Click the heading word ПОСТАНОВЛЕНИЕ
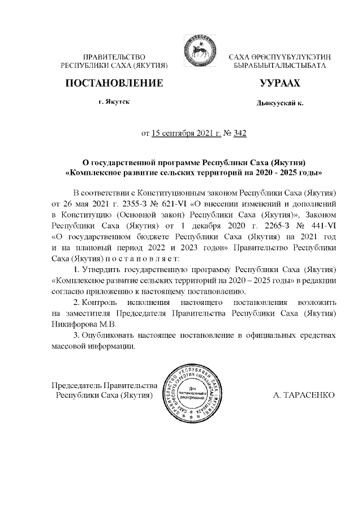pyautogui.click(x=115, y=84)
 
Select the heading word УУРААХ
pyautogui.click(x=279, y=84)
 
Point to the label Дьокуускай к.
pyautogui.click(x=279, y=104)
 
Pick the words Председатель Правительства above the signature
pyautogui.click(x=104, y=385)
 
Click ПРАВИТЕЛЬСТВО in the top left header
pyautogui.click(x=114, y=57)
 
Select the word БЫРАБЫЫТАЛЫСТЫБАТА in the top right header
pyautogui.click(x=280, y=66)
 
